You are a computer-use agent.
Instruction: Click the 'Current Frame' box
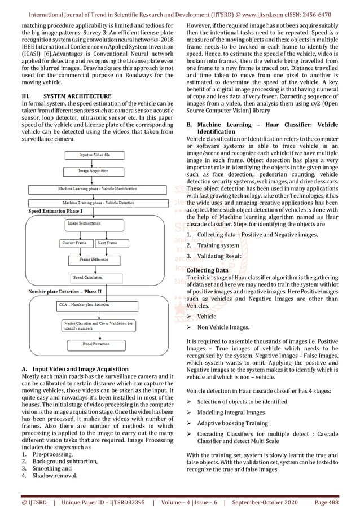tap(74, 243)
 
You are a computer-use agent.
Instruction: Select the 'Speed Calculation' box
tap(87, 278)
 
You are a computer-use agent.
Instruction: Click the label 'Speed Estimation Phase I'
tap(55, 210)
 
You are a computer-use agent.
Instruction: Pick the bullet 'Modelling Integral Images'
tap(231, 412)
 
